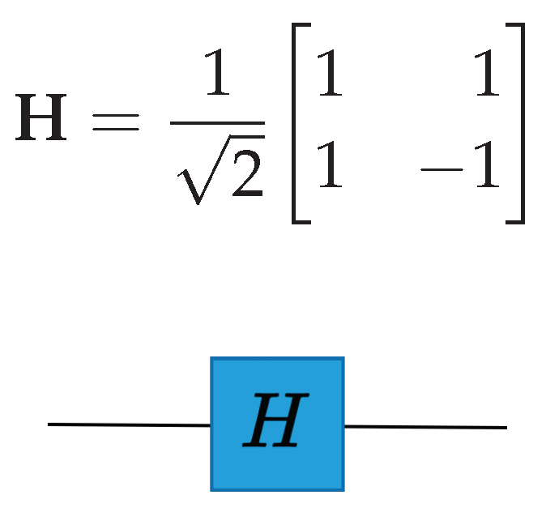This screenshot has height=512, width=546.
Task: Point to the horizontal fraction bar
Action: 217,123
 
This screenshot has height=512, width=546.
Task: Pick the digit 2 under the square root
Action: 245,173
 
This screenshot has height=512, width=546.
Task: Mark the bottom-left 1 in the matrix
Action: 330,167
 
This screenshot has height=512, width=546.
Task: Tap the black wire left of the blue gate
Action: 130,424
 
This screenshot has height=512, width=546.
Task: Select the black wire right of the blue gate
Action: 425,426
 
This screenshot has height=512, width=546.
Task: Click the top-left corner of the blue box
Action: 212,359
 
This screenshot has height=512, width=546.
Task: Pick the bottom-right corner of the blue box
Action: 343,489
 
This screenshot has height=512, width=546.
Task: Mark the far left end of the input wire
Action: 49,424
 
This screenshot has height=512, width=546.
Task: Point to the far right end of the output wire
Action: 505,427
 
